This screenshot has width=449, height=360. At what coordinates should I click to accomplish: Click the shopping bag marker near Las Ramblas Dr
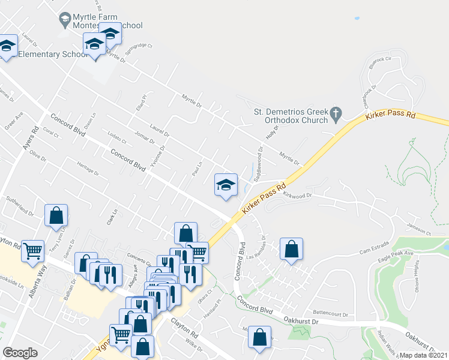(291, 249)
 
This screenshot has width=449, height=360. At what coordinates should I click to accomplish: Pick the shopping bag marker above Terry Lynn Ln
(56, 216)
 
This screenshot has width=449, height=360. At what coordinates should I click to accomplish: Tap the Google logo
(20, 353)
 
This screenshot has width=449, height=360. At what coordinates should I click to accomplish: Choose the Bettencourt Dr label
(331, 313)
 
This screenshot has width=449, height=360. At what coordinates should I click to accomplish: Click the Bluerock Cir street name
(381, 60)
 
